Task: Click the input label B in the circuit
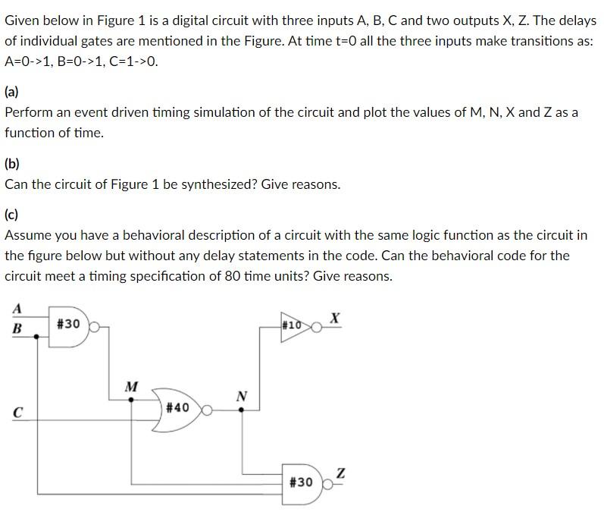(x=17, y=328)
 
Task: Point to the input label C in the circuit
(x=16, y=413)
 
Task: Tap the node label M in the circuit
(x=131, y=387)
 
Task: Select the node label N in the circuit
(x=242, y=395)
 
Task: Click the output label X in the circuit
(x=334, y=317)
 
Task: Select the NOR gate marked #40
(x=178, y=407)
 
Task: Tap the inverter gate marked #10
(x=296, y=326)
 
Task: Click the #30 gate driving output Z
(x=303, y=482)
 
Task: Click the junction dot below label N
(x=242, y=410)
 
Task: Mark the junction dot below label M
(x=132, y=400)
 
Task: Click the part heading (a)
(x=12, y=92)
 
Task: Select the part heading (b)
(x=12, y=163)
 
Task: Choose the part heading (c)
(x=12, y=215)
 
